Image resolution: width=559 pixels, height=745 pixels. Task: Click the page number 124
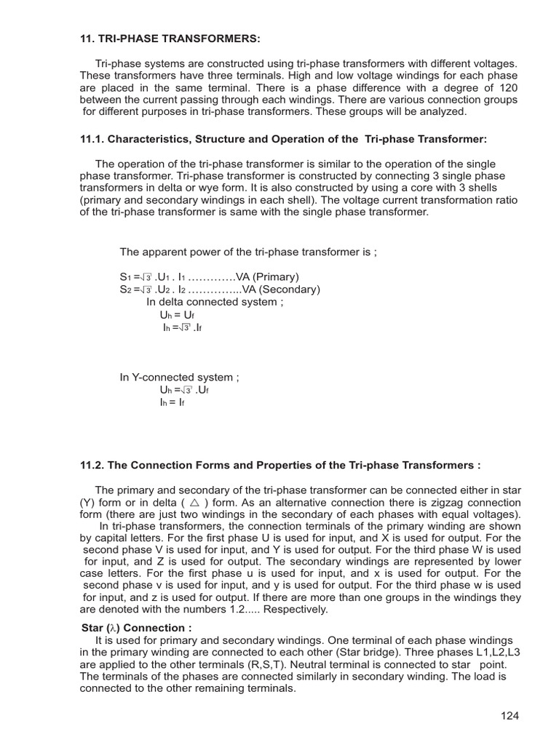510,716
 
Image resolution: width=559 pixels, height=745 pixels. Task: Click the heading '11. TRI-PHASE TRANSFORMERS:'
170,38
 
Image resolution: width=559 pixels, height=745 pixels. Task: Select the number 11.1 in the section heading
91,139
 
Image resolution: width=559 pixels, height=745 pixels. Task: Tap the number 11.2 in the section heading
91,465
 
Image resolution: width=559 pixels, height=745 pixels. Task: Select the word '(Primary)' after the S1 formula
275,277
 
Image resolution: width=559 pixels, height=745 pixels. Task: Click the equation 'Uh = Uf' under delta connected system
178,315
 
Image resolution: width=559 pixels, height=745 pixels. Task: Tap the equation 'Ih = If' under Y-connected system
172,402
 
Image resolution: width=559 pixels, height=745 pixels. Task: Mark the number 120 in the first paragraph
507,87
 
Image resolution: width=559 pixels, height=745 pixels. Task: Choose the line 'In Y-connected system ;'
179,378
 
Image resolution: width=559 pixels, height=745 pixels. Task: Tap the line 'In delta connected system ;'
212,302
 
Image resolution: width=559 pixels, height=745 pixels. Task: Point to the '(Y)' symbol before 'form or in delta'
89,503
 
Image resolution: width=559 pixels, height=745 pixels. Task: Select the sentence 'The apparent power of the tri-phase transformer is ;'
248,252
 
